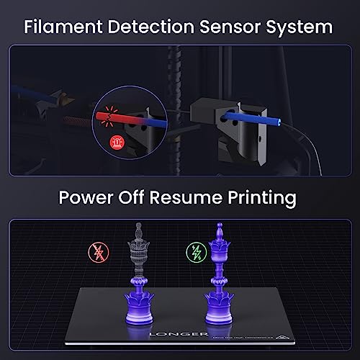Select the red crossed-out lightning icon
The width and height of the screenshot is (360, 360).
pyautogui.click(x=95, y=252)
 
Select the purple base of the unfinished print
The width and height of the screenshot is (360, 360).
pyautogui.click(x=136, y=314)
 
